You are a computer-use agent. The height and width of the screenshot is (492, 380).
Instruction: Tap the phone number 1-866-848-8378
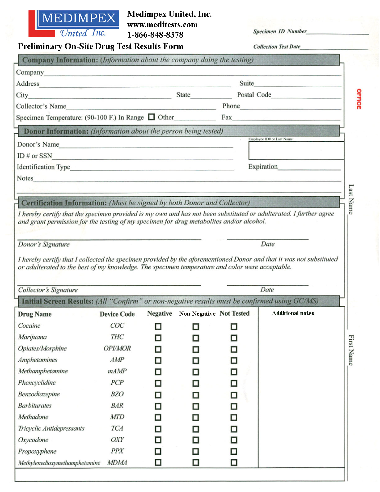(x=155, y=35)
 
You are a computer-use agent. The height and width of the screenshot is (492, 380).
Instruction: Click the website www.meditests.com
(x=162, y=25)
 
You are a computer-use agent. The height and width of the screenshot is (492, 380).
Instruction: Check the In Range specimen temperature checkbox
(x=152, y=117)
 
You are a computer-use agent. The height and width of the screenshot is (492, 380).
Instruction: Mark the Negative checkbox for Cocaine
(x=158, y=326)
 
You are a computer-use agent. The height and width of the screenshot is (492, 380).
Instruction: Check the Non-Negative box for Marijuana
(x=196, y=338)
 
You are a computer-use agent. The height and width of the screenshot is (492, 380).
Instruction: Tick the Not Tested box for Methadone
(x=234, y=417)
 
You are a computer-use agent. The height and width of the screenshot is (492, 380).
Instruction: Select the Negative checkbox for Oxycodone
(x=158, y=440)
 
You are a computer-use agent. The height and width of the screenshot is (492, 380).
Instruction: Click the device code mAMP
(x=117, y=371)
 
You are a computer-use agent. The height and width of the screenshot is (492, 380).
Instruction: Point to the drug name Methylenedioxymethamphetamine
(x=59, y=463)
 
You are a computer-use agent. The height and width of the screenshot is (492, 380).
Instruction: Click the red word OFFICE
(x=359, y=99)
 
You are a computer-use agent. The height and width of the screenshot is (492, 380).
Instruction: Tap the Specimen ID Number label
(x=279, y=31)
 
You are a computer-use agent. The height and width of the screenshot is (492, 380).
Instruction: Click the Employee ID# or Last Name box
(x=296, y=151)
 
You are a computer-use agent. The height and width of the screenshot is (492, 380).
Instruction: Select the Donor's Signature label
(x=44, y=244)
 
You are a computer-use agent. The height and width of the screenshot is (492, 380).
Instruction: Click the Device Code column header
(x=117, y=314)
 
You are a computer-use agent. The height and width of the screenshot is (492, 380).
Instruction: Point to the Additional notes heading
(x=293, y=313)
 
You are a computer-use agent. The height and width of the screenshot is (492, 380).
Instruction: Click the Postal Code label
(x=254, y=95)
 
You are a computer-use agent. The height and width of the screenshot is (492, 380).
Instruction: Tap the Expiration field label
(x=263, y=166)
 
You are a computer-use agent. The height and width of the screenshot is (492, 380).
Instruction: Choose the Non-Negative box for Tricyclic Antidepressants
(x=196, y=429)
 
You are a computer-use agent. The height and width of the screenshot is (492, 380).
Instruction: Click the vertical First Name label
(x=351, y=350)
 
